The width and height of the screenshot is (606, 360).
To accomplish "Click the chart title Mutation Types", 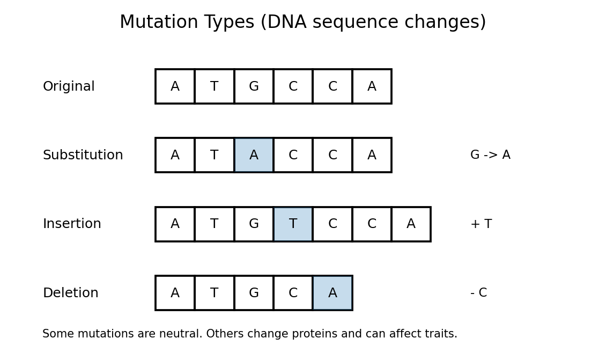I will [x=302, y=23].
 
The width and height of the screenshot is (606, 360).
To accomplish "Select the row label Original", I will [x=69, y=86].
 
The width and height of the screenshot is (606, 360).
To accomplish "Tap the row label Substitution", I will [x=83, y=155].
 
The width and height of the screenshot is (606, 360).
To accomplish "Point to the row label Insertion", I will [x=72, y=224].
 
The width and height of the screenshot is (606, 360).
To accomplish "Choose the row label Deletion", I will [x=70, y=293].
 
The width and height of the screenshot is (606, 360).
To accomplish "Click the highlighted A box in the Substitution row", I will [x=254, y=155].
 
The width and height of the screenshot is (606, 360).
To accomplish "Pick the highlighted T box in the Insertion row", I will [x=293, y=224].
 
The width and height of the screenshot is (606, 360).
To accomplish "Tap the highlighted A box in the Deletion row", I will [x=332, y=293].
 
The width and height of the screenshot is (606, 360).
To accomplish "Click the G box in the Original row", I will [x=254, y=86].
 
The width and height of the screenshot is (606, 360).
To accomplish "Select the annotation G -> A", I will [x=490, y=155].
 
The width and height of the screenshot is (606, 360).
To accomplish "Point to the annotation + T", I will [x=481, y=224].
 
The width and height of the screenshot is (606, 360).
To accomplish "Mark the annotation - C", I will [x=478, y=293].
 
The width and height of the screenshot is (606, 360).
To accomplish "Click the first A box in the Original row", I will [x=175, y=86].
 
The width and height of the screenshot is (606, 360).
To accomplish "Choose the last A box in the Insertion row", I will [x=411, y=224].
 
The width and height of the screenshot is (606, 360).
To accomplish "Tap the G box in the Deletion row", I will [x=254, y=293].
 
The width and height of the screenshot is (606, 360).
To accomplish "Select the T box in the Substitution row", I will [x=214, y=155].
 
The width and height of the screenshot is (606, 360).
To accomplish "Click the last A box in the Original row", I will [x=372, y=86].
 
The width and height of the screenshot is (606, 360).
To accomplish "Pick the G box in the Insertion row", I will [x=254, y=224].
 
